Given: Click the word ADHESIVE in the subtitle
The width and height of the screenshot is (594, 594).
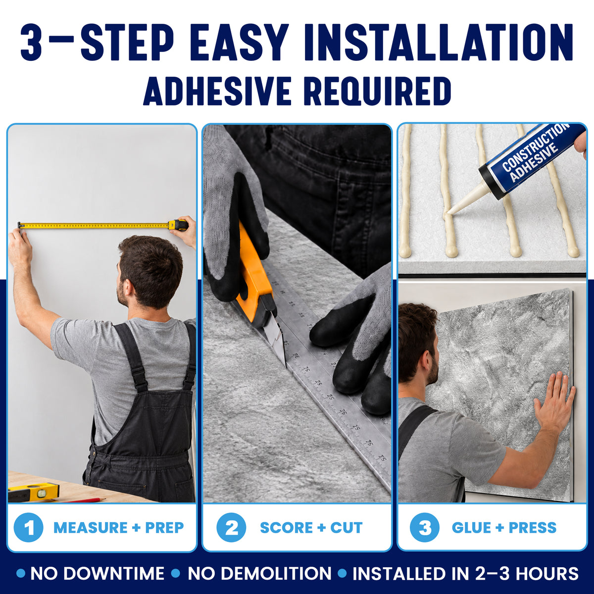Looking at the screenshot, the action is pyautogui.click(x=217, y=91).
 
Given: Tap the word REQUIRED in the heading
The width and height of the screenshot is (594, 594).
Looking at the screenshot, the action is pyautogui.click(x=380, y=91).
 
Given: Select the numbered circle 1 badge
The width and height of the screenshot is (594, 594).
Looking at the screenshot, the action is pyautogui.click(x=29, y=527).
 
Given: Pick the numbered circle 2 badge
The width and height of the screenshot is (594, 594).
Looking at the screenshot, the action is pyautogui.click(x=232, y=527).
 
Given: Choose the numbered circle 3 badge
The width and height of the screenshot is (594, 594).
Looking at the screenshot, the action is pyautogui.click(x=425, y=527).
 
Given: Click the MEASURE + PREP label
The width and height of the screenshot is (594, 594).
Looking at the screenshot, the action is pyautogui.click(x=119, y=528).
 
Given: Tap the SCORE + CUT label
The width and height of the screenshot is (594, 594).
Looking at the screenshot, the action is pyautogui.click(x=311, y=528).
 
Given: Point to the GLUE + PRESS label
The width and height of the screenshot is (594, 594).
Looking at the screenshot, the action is pyautogui.click(x=504, y=528).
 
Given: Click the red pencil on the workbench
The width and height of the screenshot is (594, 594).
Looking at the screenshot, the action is pyautogui.click(x=83, y=500).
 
